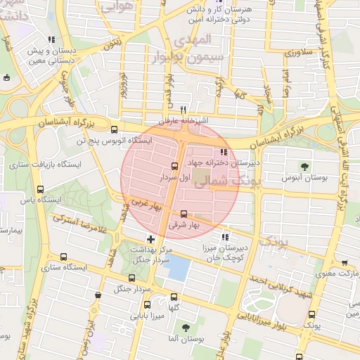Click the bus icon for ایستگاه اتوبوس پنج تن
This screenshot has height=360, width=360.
pyautogui.click(x=115, y=129)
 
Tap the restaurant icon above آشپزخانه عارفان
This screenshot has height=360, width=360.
pyautogui.click(x=183, y=110)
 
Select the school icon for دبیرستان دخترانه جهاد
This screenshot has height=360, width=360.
pyautogui.click(x=224, y=152)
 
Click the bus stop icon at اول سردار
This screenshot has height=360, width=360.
pyautogui.click(x=174, y=167)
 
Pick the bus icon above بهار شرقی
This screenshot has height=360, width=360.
pyautogui.click(x=184, y=214)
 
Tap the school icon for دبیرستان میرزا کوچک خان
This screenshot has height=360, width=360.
pyautogui.click(x=226, y=237)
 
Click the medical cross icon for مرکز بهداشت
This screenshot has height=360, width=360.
pyautogui.click(x=150, y=240)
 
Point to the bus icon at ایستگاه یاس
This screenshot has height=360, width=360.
pyautogui.click(x=40, y=189)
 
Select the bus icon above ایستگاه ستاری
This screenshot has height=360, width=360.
pyautogui.click(x=65, y=257)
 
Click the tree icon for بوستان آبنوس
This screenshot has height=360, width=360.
pyautogui.click(x=304, y=167)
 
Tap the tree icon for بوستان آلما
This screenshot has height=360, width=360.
pyautogui.click(x=186, y=328)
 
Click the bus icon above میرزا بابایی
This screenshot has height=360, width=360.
pyautogui.click(x=147, y=305)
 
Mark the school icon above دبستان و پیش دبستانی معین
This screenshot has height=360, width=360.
pyautogui.click(x=51, y=41)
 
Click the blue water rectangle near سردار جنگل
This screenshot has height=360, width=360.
pyautogui.click(x=180, y=268)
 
